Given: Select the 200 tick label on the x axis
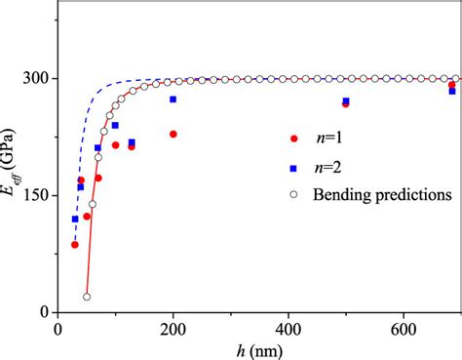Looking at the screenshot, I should pos(173,330).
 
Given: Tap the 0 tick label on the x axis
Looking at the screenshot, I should pos(58,330).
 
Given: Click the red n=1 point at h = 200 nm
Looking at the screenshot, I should pos(173,134).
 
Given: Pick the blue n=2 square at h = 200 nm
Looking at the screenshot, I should pos(173,100).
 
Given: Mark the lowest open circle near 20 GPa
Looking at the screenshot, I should pos(87,297).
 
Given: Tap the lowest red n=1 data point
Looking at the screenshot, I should pos(75,244).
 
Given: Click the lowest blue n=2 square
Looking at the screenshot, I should pos(75,219).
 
